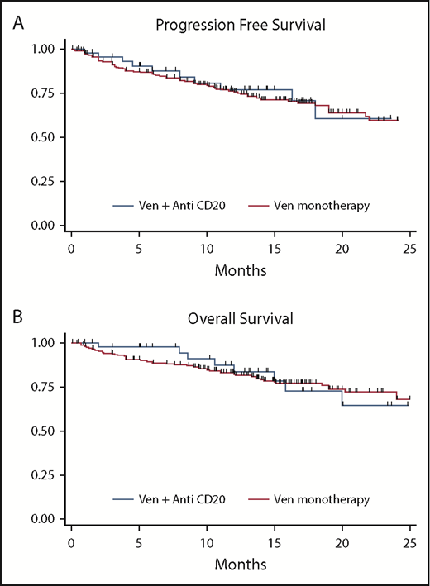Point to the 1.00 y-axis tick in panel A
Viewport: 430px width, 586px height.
pyautogui.click(x=45, y=49)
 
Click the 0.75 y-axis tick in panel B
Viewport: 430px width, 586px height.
pyautogui.click(x=45, y=387)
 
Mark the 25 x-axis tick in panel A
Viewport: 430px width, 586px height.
pyautogui.click(x=408, y=248)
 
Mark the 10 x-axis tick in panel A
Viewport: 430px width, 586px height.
pyautogui.click(x=207, y=248)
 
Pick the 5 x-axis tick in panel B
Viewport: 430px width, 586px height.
pyautogui.click(x=139, y=543)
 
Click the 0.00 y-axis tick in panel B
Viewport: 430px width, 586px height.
pyautogui.click(x=45, y=519)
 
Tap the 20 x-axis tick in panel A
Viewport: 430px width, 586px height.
pyautogui.click(x=342, y=248)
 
